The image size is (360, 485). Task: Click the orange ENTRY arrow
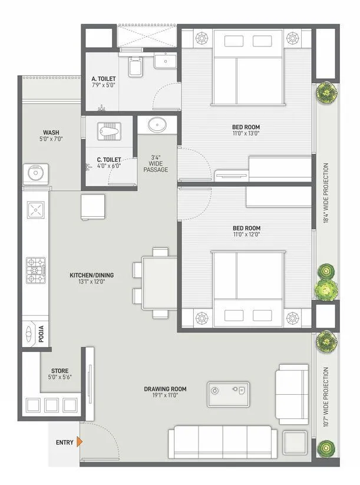(80, 442)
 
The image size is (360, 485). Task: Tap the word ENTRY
(65, 442)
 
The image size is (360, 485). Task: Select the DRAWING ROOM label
(165, 389)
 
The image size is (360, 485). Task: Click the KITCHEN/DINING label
(91, 275)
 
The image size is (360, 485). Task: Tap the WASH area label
(51, 133)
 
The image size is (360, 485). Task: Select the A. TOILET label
(103, 78)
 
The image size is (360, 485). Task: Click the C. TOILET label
(109, 159)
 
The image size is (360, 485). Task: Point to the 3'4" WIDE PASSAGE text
(156, 164)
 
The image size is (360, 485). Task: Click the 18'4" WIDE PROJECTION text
(326, 193)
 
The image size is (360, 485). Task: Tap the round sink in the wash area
(34, 173)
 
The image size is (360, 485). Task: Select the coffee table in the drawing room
(227, 394)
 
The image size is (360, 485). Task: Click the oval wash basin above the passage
(157, 125)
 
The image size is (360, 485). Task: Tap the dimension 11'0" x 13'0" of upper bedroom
(246, 134)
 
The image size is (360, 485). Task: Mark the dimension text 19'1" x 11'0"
(165, 396)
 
